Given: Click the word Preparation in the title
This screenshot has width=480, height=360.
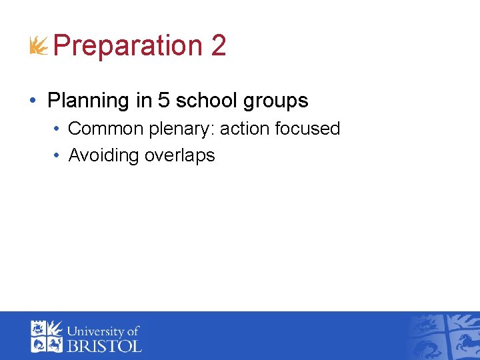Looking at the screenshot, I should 127,46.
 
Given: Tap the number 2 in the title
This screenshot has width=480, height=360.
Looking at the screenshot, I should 218,45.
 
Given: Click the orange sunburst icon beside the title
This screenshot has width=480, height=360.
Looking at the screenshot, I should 39,47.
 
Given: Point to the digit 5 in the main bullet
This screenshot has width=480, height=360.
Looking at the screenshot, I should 164,101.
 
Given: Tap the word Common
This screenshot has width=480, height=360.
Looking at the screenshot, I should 105,129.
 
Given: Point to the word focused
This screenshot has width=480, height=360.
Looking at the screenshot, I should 308,129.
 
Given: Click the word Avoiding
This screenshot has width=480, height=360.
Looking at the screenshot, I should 103,155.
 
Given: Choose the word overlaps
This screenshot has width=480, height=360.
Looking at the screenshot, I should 179,156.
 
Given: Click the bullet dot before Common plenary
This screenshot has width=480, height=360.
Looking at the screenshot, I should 57,129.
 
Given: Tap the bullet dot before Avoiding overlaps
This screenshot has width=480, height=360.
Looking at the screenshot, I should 57,156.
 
